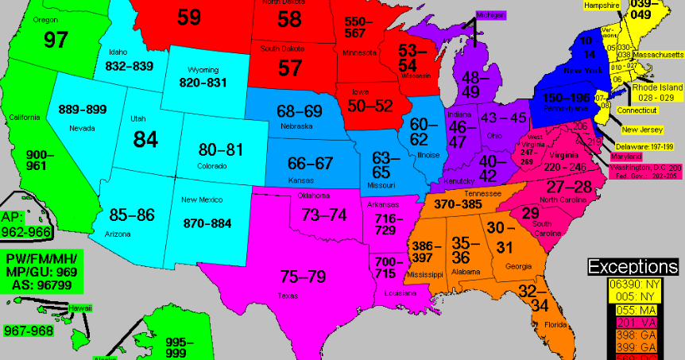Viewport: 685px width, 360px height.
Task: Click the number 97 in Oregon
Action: (55, 41)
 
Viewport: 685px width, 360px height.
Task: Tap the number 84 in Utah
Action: (145, 140)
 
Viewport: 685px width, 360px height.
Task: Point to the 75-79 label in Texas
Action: (303, 277)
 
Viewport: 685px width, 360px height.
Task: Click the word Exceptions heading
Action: (635, 266)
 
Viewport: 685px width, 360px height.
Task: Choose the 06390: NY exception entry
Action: (635, 284)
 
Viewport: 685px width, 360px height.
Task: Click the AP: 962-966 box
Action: (25, 224)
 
